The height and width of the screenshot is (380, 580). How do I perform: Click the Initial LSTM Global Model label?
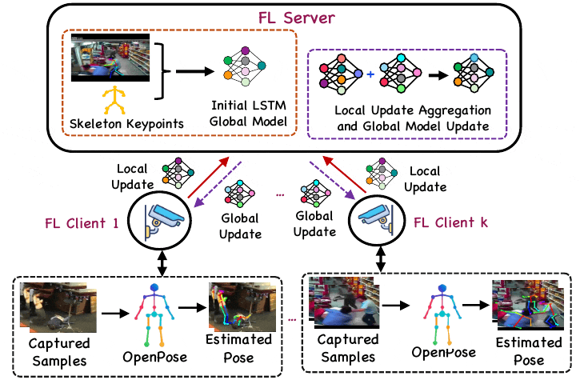(x=248, y=114)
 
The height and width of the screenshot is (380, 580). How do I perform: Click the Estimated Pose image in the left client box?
(x=231, y=306)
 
